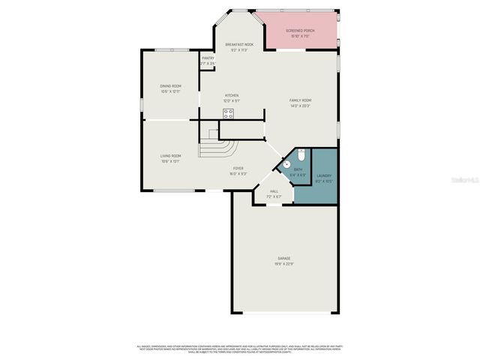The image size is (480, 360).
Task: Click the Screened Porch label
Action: [300, 31]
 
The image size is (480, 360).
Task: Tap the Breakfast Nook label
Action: [239, 45]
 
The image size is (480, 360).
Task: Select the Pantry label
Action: [208, 58]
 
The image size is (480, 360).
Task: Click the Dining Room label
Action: [170, 86]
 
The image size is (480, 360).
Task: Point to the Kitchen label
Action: [232, 96]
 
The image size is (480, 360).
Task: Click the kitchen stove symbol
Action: [228, 113]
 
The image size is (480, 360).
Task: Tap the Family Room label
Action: [301, 100]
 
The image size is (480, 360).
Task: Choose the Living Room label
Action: [170, 156]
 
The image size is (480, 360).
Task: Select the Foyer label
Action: [238, 169]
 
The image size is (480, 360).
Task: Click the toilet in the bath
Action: [301, 154]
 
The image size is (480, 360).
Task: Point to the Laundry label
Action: [323, 175]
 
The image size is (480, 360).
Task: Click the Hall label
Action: [274, 191]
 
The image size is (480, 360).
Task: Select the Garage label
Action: [285, 258]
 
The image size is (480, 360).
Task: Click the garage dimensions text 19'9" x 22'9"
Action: [285, 263]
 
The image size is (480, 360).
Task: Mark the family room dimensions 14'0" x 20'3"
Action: [301, 106]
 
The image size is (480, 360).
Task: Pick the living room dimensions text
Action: [170, 161]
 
